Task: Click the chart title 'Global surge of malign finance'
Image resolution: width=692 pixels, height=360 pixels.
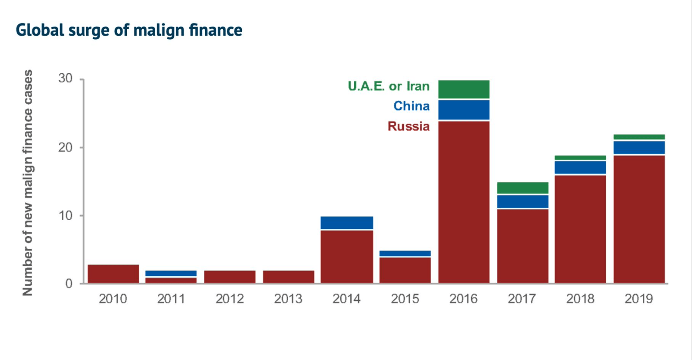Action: (x=129, y=30)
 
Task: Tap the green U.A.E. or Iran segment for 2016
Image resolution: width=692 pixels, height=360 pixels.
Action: (x=464, y=89)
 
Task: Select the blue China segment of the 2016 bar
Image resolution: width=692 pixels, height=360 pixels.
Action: (x=464, y=110)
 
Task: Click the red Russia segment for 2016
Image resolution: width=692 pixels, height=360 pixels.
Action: (x=464, y=202)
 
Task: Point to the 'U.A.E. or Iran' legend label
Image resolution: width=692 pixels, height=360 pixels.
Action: (x=388, y=86)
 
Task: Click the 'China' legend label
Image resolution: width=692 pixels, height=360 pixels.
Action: (x=411, y=106)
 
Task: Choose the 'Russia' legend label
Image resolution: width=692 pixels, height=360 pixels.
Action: (x=408, y=126)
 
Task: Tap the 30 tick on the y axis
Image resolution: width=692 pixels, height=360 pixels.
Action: (x=65, y=78)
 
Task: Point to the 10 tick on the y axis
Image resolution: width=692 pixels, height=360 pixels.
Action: (x=65, y=215)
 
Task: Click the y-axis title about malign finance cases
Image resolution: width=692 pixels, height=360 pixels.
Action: (x=27, y=183)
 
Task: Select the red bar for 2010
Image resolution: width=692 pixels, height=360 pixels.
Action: (x=113, y=274)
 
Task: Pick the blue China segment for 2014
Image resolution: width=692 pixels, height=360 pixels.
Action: (x=347, y=223)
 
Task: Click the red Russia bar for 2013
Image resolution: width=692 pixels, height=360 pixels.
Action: (x=288, y=277)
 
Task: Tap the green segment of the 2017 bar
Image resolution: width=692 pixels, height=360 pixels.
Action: (x=522, y=188)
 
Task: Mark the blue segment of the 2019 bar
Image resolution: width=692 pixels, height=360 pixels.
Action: (x=639, y=147)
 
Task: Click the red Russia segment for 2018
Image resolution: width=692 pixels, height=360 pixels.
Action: (x=580, y=229)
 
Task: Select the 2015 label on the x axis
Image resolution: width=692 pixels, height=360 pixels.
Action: (x=405, y=299)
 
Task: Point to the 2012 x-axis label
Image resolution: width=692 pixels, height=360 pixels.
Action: (x=230, y=299)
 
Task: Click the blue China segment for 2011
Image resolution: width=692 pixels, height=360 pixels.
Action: (x=171, y=273)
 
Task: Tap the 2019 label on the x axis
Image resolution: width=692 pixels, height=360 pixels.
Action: (x=638, y=299)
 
